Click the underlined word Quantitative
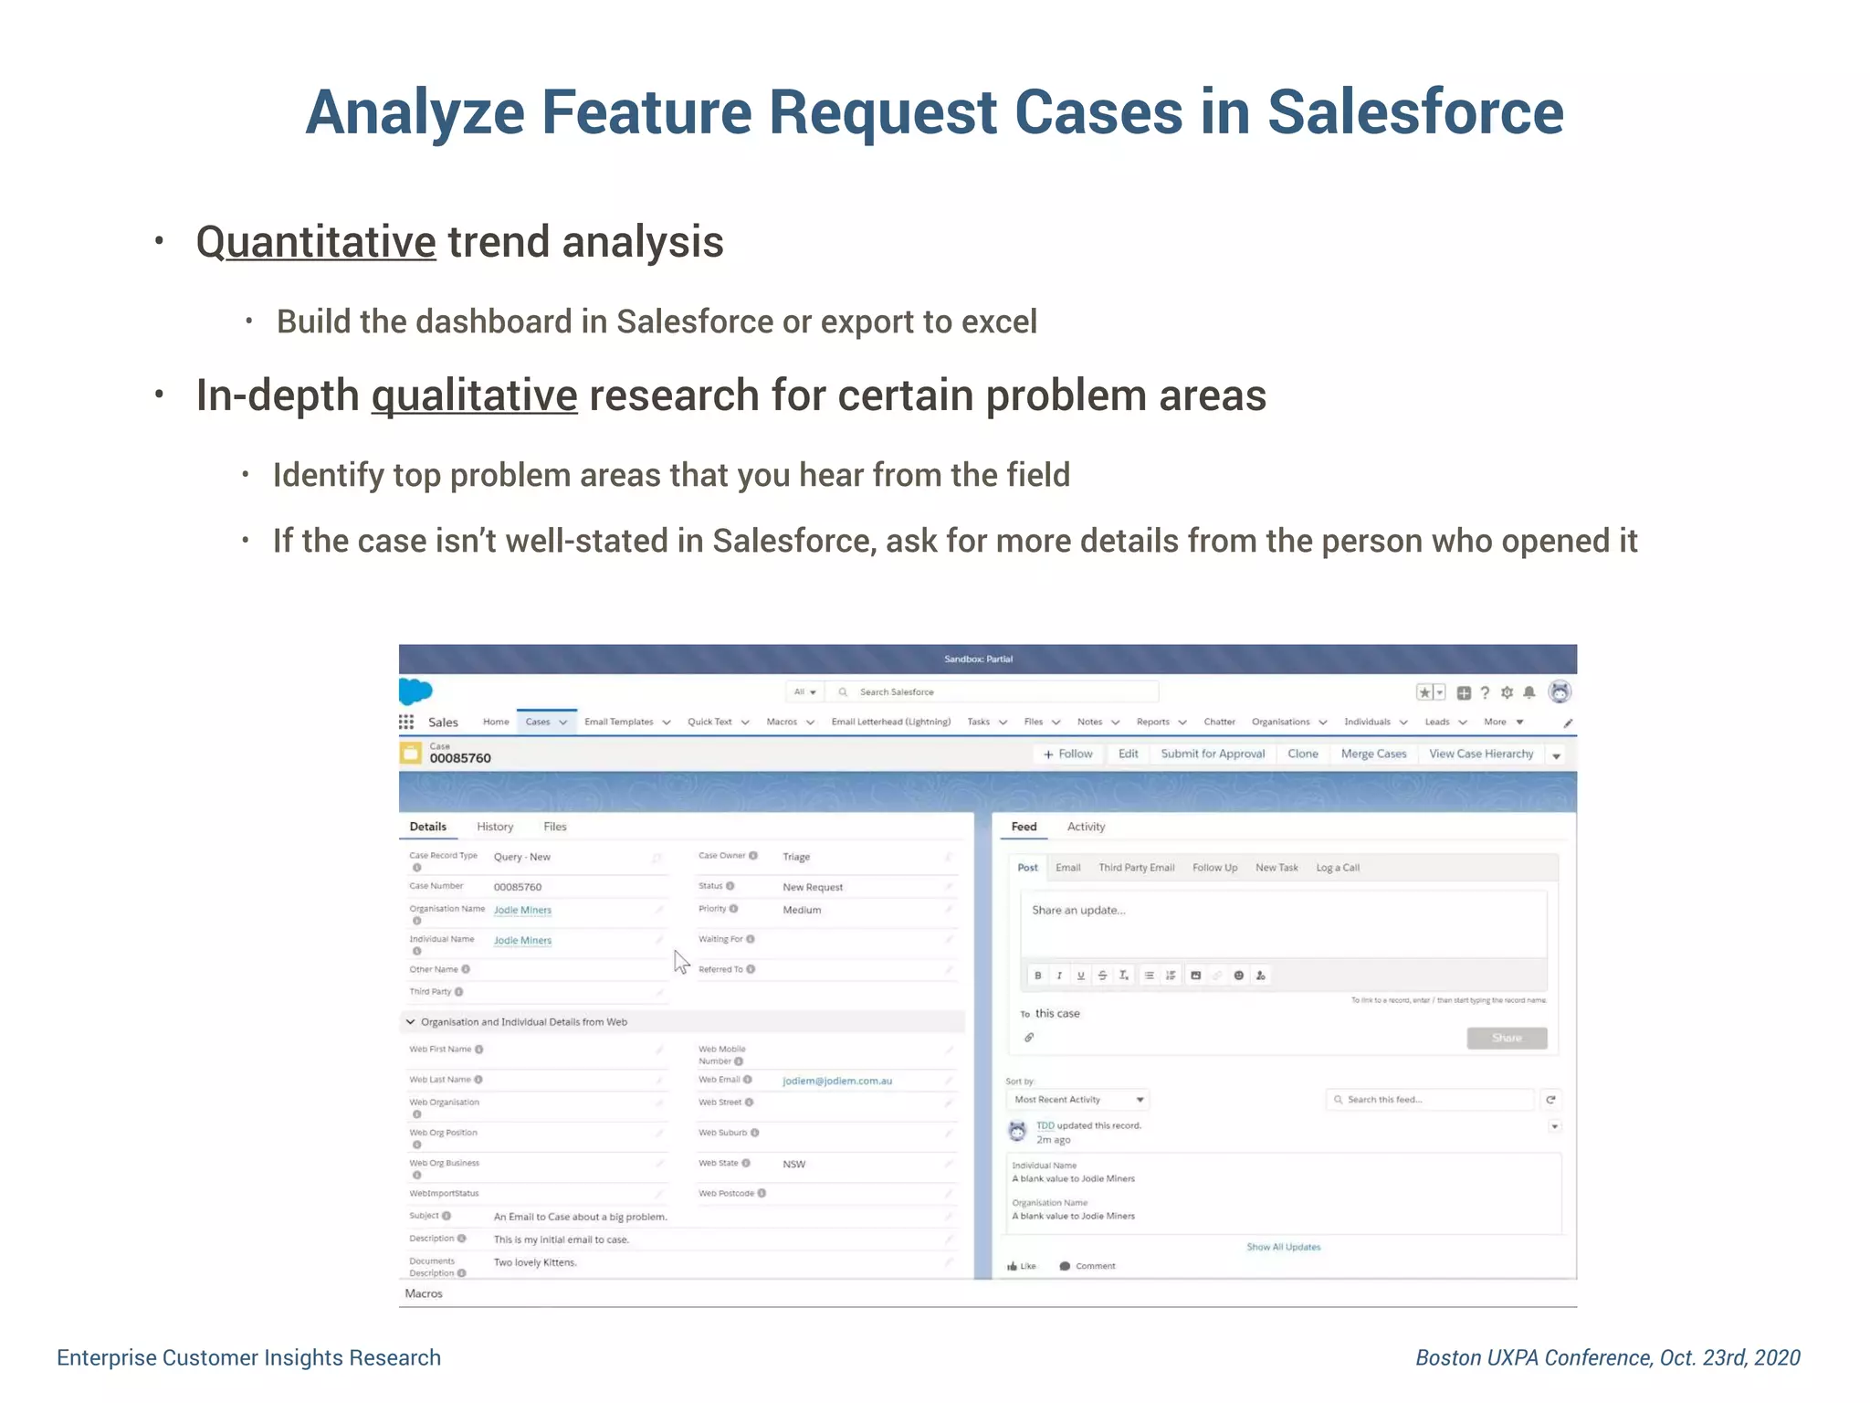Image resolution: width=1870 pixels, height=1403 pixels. [x=316, y=242]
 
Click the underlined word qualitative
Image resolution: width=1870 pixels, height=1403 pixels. [x=474, y=396]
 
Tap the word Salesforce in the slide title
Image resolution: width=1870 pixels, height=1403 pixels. [x=1414, y=112]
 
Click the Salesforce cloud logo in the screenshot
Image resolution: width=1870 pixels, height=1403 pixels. [x=415, y=691]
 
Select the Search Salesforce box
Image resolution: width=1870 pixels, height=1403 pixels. [x=995, y=691]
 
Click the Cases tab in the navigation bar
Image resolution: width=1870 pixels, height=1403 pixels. [x=538, y=722]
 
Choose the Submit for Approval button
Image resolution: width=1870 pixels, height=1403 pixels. [x=1213, y=754]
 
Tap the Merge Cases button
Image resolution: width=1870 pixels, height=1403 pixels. [x=1373, y=754]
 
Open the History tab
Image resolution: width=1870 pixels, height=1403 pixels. [x=495, y=827]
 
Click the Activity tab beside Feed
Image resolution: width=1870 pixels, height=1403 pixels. [x=1086, y=827]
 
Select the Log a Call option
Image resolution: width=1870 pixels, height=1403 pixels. [x=1337, y=868]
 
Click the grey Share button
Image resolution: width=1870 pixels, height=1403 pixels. [x=1507, y=1038]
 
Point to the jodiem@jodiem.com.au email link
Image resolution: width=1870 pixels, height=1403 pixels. [x=837, y=1081]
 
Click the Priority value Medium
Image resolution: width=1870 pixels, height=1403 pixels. [x=802, y=910]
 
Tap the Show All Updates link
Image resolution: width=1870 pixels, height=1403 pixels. [x=1283, y=1247]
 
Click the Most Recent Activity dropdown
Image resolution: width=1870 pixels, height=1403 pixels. [x=1077, y=1100]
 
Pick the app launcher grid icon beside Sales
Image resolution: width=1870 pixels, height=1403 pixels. [x=406, y=722]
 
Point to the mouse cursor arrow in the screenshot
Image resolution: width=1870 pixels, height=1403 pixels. [x=681, y=962]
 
